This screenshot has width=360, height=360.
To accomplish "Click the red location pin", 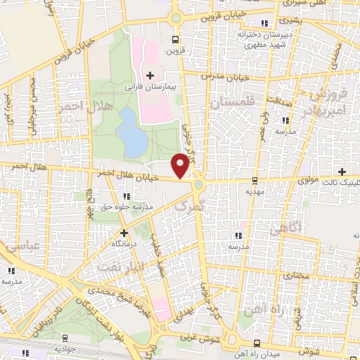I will [181, 165].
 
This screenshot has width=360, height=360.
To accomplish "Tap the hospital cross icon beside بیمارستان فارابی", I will [149, 75].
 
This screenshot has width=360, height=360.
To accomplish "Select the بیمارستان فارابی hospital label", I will [149, 88].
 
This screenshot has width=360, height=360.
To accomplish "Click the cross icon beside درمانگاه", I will [124, 232].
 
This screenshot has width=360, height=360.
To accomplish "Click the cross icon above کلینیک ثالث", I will [342, 172].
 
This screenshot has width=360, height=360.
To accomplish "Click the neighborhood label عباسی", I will [21, 247].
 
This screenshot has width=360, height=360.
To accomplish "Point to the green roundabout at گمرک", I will [199, 184].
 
